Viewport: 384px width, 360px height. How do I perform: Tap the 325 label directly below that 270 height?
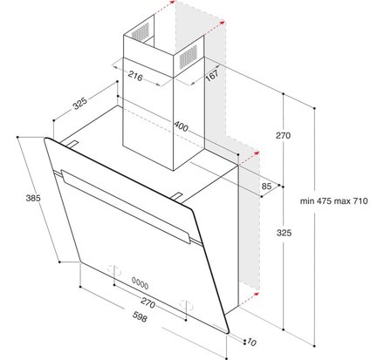282,233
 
